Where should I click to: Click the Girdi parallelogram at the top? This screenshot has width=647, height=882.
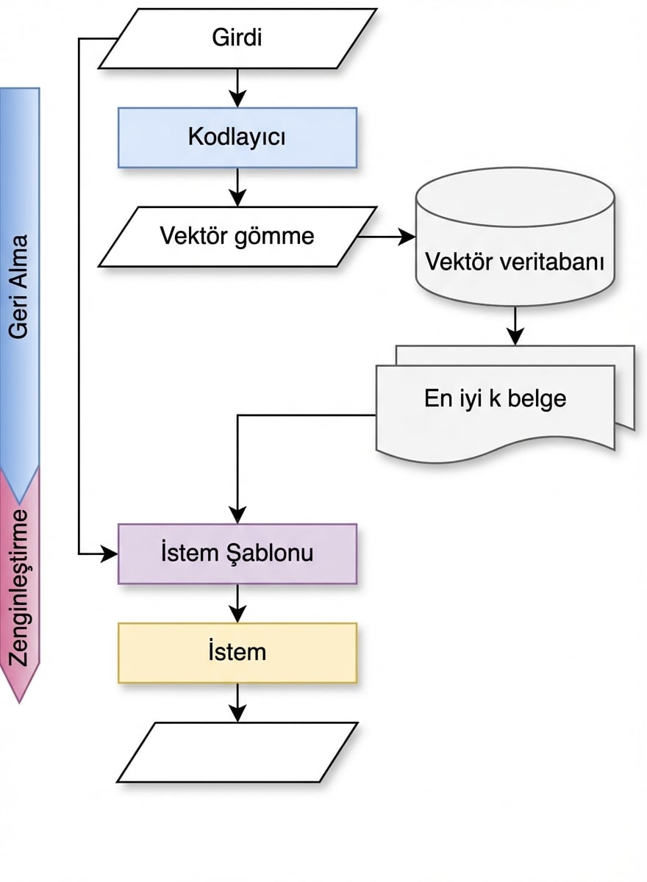(x=237, y=38)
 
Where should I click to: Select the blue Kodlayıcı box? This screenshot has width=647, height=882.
(x=237, y=137)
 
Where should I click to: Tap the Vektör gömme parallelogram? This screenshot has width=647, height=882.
(x=237, y=236)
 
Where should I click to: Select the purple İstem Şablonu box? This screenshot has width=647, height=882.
(x=237, y=553)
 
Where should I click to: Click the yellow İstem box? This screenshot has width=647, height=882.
(x=237, y=653)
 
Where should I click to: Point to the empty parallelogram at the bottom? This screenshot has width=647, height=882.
(x=237, y=752)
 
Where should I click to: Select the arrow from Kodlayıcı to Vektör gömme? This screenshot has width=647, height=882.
(x=237, y=187)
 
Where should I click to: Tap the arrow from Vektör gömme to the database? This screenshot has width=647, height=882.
(x=386, y=237)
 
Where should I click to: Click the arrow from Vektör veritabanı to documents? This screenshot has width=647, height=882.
(x=515, y=325)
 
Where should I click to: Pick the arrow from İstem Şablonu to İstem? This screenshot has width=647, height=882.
(x=237, y=603)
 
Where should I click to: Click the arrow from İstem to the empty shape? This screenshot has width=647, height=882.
(x=237, y=703)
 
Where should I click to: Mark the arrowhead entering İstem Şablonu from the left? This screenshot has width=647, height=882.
(x=110, y=553)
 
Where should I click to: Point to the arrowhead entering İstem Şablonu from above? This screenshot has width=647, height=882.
(x=237, y=515)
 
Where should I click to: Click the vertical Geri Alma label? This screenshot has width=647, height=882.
(x=19, y=287)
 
